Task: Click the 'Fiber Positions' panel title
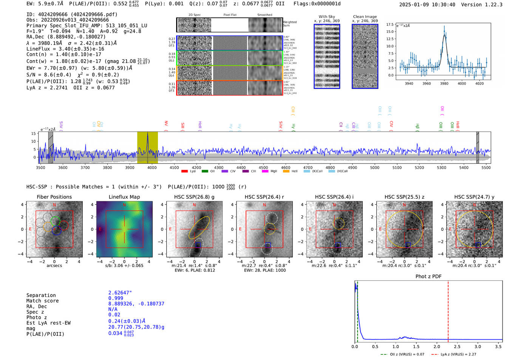pyautogui.click(x=54, y=197)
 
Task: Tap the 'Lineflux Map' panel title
pyautogui.click(x=124, y=197)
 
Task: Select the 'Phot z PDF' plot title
pyautogui.click(x=428, y=277)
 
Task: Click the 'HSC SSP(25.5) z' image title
pyautogui.click(x=404, y=197)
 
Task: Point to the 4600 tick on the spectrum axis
pyautogui.click(x=286, y=168)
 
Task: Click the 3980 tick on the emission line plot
pyautogui.click(x=444, y=83)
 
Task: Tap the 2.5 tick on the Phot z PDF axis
pyautogui.click(x=457, y=346)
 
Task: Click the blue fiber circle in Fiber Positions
pyautogui.click(x=56, y=230)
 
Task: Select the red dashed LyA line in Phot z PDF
pyautogui.click(x=448, y=310)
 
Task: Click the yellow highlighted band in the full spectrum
pyautogui.click(x=147, y=147)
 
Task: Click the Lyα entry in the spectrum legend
pyautogui.click(x=189, y=172)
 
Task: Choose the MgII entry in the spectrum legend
pyautogui.click(x=270, y=172)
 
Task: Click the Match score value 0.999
pyautogui.click(x=116, y=298)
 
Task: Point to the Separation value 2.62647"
pyautogui.click(x=120, y=293)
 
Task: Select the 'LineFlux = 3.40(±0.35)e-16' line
pyautogui.click(x=65, y=49)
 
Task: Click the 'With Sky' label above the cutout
pyautogui.click(x=326, y=17)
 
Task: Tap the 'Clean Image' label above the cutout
pyautogui.click(x=365, y=17)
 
